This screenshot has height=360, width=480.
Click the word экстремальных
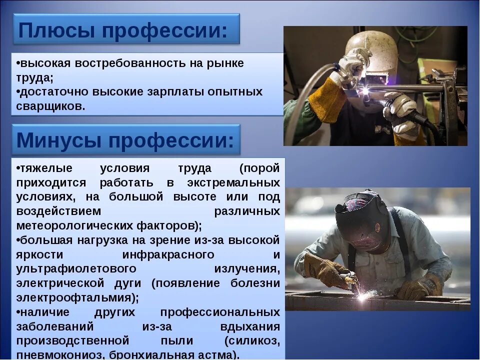[233, 182]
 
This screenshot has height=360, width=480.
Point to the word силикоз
[251, 341]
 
